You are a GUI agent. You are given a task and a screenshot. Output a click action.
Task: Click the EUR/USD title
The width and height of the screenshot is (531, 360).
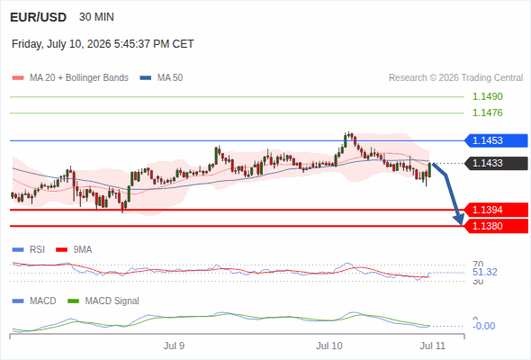(39, 17)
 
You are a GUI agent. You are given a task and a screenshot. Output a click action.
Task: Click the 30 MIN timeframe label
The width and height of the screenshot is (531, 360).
(96, 17)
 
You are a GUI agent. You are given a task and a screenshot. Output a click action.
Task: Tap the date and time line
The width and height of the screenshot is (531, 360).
(103, 44)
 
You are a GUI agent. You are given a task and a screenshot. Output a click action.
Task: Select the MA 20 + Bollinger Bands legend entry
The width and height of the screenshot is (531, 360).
(70, 78)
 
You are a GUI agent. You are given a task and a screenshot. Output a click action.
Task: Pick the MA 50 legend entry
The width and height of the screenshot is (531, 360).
(161, 78)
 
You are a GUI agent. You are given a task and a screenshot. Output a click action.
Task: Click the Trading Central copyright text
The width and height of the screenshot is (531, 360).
(455, 78)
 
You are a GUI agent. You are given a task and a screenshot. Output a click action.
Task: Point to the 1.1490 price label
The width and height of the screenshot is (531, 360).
(487, 96)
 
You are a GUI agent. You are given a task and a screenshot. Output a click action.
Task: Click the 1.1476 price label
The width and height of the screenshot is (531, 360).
(487, 112)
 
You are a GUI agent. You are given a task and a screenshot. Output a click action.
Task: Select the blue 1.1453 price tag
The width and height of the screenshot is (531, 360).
(496, 140)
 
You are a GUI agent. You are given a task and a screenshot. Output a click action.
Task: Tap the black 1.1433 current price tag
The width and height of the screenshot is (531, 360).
(496, 163)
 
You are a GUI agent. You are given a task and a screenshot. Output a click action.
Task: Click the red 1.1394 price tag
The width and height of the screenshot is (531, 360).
(496, 210)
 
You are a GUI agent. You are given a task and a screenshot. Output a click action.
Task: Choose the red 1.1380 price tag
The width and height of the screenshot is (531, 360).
(496, 226)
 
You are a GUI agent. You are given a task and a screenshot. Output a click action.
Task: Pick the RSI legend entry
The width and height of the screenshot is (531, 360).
(29, 250)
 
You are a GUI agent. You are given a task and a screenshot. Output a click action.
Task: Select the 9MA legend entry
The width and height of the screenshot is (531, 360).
(74, 250)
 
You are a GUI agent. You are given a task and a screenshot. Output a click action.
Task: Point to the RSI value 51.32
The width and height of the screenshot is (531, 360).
(485, 272)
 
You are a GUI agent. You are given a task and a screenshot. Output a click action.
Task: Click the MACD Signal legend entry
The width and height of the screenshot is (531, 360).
(103, 301)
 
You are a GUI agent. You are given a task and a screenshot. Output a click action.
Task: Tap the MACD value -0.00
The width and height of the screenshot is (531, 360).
(484, 326)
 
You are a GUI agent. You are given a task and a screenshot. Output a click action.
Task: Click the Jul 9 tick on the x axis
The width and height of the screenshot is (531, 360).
(174, 346)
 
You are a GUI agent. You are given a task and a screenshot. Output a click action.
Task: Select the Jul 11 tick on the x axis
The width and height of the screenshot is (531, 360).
(433, 346)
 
